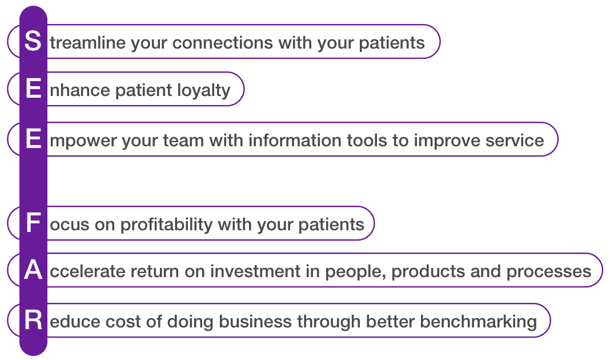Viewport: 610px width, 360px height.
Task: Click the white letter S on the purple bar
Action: (33, 41)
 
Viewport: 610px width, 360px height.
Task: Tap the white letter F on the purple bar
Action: (34, 223)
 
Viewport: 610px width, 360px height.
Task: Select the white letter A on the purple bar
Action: (33, 270)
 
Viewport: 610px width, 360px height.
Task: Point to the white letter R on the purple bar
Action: (34, 320)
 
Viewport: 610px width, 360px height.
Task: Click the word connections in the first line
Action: (223, 42)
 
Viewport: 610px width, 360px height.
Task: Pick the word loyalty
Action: (204, 91)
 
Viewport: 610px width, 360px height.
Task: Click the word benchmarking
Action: (479, 322)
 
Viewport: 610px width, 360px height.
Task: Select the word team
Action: (183, 141)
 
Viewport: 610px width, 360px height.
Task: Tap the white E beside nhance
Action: (34, 89)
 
